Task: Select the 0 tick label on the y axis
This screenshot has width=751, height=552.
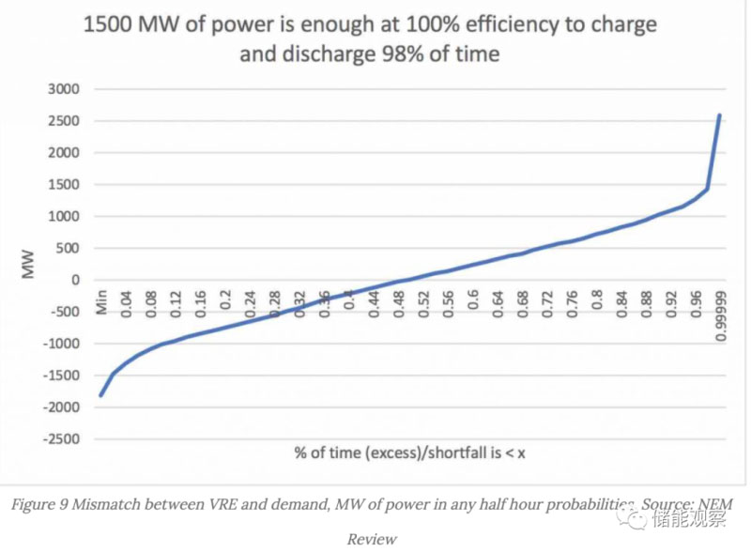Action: [74, 280]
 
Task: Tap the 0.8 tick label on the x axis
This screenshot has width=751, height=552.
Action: [597, 303]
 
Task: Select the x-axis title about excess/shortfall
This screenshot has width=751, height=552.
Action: [409, 453]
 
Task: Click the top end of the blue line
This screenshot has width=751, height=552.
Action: [719, 115]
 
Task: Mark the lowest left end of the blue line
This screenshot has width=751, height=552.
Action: [100, 395]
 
